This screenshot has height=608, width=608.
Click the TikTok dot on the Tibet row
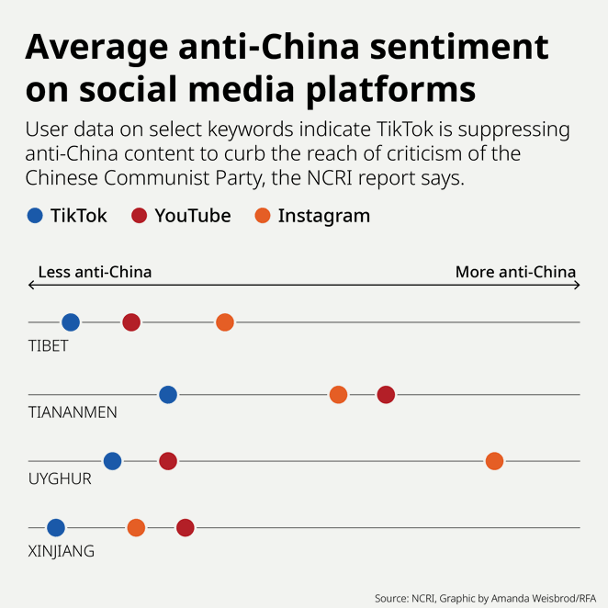(x=71, y=322)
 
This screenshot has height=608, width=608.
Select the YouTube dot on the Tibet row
(x=131, y=322)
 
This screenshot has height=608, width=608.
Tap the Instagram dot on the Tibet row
(x=225, y=322)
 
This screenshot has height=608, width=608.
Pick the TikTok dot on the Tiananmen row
(x=168, y=395)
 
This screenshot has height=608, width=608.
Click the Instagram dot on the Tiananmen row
(x=339, y=395)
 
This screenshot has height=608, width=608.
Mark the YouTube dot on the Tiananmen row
(x=386, y=395)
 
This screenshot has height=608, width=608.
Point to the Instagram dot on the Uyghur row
(x=494, y=461)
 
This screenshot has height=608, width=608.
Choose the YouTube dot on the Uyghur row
(x=168, y=461)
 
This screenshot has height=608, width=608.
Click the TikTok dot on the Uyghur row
(x=113, y=461)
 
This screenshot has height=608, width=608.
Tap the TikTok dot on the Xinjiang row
(x=56, y=527)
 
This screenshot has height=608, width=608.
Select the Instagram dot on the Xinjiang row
(x=136, y=527)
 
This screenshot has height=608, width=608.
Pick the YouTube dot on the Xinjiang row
(x=186, y=527)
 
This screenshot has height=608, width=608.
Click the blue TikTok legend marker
(x=35, y=217)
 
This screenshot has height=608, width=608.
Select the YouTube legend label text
(x=192, y=217)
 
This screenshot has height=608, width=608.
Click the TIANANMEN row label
(x=73, y=412)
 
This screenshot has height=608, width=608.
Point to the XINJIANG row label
(x=62, y=552)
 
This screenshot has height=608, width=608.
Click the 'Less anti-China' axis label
(x=95, y=272)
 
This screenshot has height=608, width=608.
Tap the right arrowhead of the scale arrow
(x=577, y=286)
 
